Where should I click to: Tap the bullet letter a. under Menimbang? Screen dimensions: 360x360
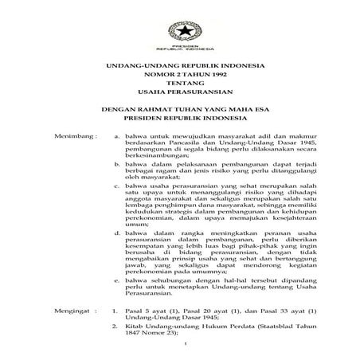(x=119, y=137)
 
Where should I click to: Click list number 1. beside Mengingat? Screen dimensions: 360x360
(x=117, y=305)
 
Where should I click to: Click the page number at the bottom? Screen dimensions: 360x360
(x=182, y=344)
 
